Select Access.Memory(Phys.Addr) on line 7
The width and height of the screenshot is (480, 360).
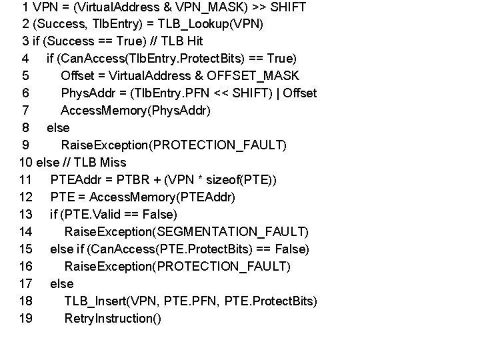pyautogui.click(x=135, y=111)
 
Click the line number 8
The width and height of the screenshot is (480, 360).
pyautogui.click(x=25, y=128)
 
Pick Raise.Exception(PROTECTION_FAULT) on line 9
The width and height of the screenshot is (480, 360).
pyautogui.click(x=173, y=145)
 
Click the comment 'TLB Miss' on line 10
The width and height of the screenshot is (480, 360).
pyautogui.click(x=101, y=163)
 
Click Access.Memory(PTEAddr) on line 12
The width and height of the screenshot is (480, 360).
pyautogui.click(x=162, y=197)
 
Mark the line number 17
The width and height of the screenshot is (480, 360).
pyautogui.click(x=26, y=284)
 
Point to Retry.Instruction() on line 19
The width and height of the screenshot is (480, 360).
pyautogui.click(x=112, y=319)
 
